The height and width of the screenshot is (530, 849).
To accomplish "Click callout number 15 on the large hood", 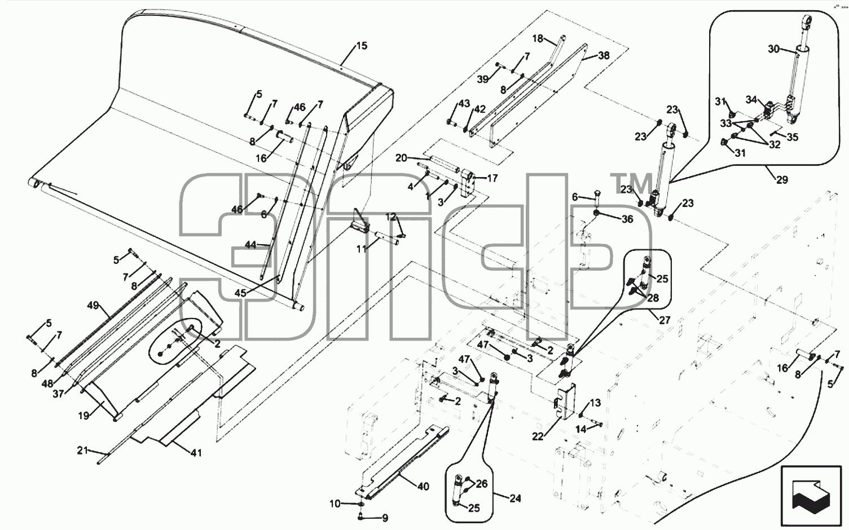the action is coord(362,46).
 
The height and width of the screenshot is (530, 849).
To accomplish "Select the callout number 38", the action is coord(604,55).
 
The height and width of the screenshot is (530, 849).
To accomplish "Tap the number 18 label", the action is coord(538,38).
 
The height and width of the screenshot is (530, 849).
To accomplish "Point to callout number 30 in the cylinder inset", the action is coord(774,49).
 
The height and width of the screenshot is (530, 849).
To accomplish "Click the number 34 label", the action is coord(751,100).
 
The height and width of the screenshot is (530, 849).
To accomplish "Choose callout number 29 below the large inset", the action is coord(782,179).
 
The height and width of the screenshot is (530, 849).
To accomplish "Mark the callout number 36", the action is coord(628,219).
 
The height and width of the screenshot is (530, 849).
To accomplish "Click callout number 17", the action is coord(492,178).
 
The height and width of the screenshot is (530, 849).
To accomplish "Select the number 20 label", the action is coord(402,158).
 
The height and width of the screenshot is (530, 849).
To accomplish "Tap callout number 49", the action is coord(93,305).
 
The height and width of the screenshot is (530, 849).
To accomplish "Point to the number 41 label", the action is coord(196,452).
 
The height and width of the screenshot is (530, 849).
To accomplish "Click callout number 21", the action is coord(82,450).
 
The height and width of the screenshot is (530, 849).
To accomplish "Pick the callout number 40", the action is coord(423,487).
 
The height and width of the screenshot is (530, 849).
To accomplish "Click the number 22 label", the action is coord(538,437).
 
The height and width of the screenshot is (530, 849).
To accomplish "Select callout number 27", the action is coord(665,320).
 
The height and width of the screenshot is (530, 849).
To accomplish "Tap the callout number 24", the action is coord(515,498).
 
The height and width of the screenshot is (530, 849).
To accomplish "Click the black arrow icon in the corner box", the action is coord(811,493).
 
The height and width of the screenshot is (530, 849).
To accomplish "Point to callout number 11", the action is coord(362,249).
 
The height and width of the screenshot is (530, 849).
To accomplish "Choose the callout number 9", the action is coord(385,518).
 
